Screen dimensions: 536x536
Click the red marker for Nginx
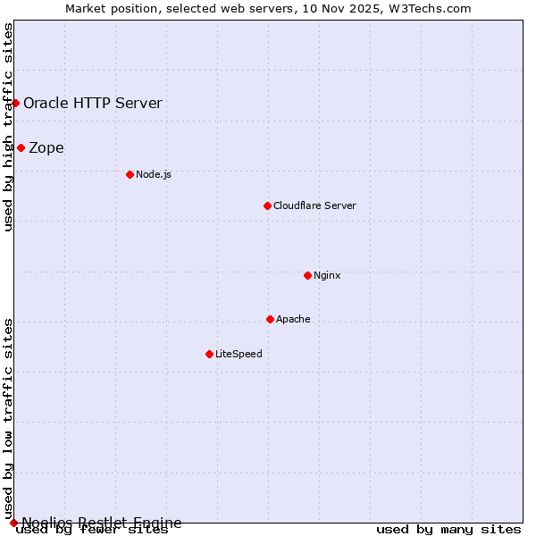tap(307, 275)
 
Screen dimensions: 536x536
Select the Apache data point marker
tap(270, 319)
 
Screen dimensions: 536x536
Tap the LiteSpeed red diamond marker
tap(209, 354)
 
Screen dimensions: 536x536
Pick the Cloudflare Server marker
tap(267, 205)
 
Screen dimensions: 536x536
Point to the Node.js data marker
tap(130, 174)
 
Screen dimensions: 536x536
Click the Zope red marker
tap(21, 147)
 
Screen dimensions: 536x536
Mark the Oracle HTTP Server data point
tap(15, 103)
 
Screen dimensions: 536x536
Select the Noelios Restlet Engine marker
tap(13, 523)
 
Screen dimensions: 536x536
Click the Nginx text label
tap(327, 275)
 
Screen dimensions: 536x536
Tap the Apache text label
tap(293, 319)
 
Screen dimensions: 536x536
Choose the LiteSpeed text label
tap(239, 354)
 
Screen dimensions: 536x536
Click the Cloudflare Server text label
tap(314, 205)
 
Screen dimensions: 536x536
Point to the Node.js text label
tap(153, 174)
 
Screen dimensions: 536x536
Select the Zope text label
tap(46, 147)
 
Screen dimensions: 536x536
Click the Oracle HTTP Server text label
tap(93, 103)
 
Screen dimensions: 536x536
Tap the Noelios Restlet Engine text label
tap(102, 523)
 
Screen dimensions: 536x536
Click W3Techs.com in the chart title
tap(434, 8)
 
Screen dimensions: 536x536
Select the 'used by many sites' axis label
tap(448, 530)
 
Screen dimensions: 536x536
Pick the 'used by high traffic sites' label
tap(8, 127)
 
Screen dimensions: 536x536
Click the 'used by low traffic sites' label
tap(8, 417)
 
